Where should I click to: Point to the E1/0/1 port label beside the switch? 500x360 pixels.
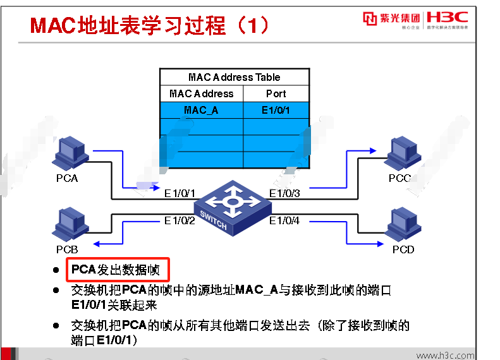pyautogui.click(x=180, y=193)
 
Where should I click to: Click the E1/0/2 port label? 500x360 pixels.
pyautogui.click(x=180, y=220)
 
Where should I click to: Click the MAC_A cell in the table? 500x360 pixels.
pyautogui.click(x=201, y=110)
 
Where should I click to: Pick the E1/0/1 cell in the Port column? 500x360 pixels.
pyautogui.click(x=276, y=110)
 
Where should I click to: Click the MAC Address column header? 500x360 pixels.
pyautogui.click(x=201, y=93)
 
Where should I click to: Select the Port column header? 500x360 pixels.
pyautogui.click(x=276, y=93)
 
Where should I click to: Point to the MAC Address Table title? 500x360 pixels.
pyautogui.click(x=234, y=77)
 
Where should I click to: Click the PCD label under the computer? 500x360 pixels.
pyautogui.click(x=403, y=249)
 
